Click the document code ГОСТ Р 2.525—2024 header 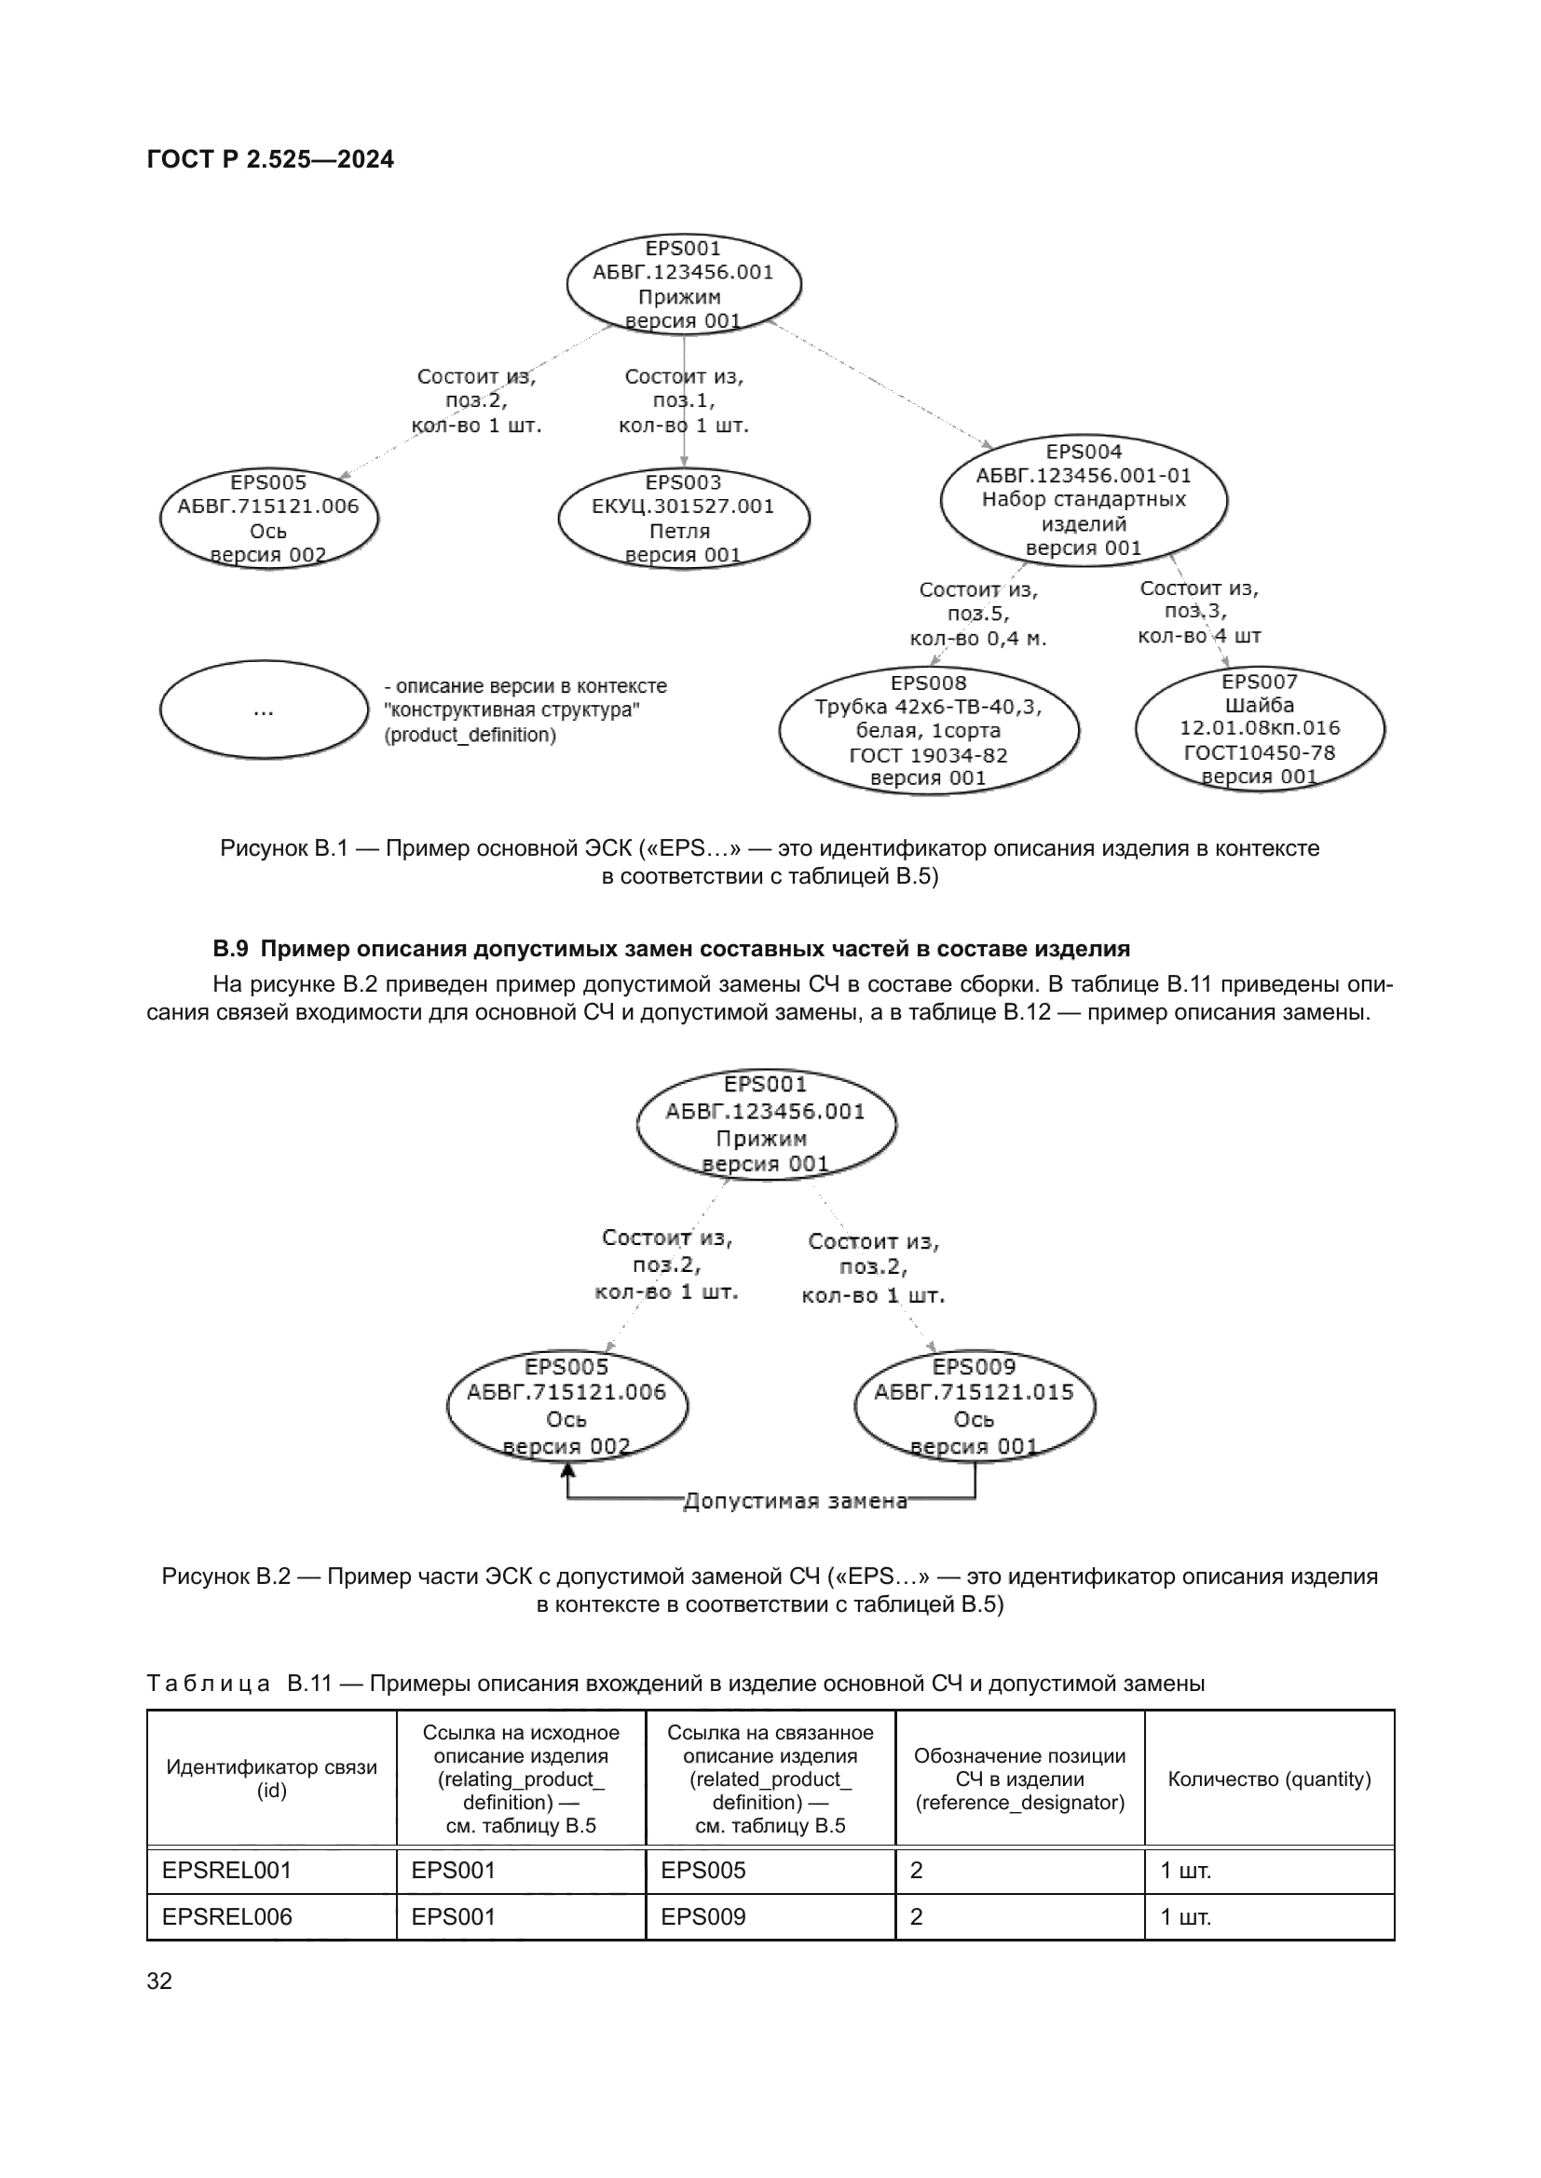click(x=270, y=159)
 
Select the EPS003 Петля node click(x=683, y=519)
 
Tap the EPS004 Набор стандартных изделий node click(x=1083, y=500)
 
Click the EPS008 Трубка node click(x=928, y=730)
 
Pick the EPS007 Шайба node click(x=1260, y=728)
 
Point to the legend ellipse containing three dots click(x=264, y=710)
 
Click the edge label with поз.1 click(x=683, y=401)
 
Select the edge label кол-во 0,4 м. click(x=977, y=639)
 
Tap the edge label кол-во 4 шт click(x=1199, y=636)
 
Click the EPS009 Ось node click(x=975, y=1406)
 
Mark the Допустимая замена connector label click(x=795, y=1501)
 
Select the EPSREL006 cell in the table click(x=226, y=1916)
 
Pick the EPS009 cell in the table click(x=703, y=1916)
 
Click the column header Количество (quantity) click(x=1269, y=1779)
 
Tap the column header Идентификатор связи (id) click(x=271, y=1779)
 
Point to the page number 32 click(x=159, y=1981)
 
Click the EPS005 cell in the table click(x=703, y=1870)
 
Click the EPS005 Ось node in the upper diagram click(x=268, y=519)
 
